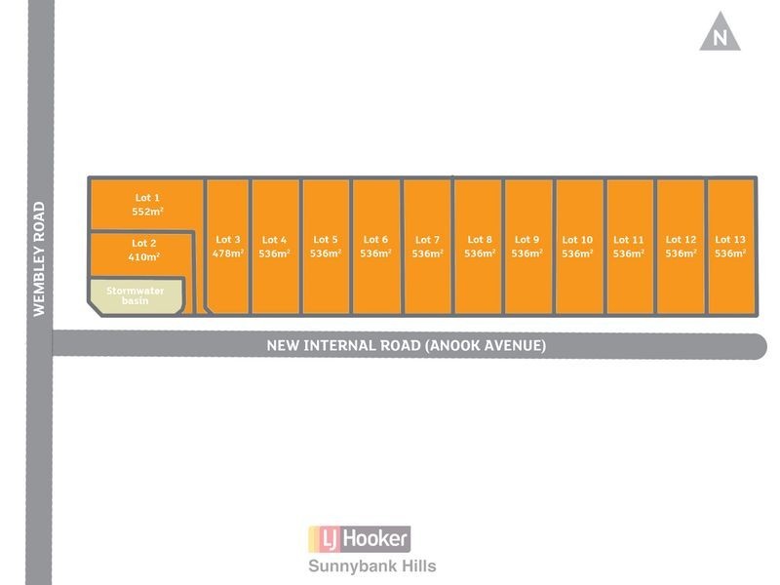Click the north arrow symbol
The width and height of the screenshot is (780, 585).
[x=720, y=32]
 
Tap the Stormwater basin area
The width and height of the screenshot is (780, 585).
[x=136, y=296]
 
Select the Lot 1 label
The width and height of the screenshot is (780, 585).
[x=147, y=198]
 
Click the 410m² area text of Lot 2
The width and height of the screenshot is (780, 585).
[x=143, y=257]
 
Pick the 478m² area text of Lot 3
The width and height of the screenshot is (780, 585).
[x=228, y=253]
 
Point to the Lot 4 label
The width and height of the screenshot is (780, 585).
[x=275, y=240]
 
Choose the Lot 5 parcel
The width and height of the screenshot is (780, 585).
[x=326, y=247]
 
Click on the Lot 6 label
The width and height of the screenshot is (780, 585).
[x=375, y=240]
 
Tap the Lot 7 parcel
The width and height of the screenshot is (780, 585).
[x=427, y=247]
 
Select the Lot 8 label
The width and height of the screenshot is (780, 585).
[x=480, y=240]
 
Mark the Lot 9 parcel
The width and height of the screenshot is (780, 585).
[x=528, y=247]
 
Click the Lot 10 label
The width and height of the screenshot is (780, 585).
[x=577, y=240]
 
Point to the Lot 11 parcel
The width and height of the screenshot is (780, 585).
[x=630, y=247]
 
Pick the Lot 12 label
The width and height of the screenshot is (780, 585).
[x=681, y=240]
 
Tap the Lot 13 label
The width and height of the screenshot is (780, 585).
[x=730, y=240]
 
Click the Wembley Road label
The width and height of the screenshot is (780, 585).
[x=39, y=258]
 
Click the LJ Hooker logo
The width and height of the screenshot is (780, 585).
[x=360, y=539]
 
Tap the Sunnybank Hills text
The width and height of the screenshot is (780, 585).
[x=372, y=566]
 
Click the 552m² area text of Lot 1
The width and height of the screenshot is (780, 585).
[x=148, y=212]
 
